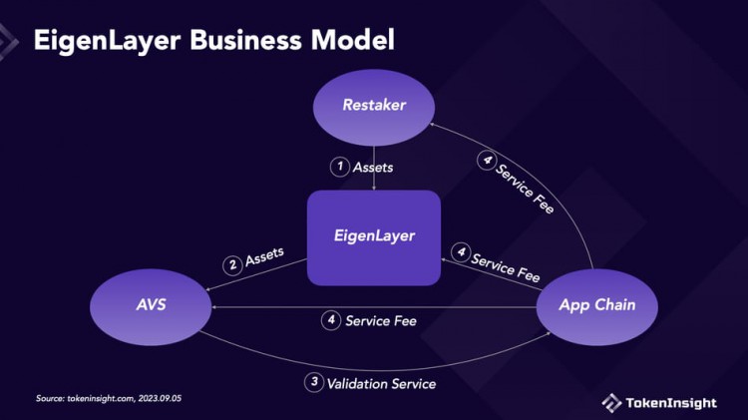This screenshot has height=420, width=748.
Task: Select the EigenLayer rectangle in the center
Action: tap(373, 236)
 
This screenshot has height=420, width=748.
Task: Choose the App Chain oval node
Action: tap(596, 304)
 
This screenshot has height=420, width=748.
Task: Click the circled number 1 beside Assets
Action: tap(339, 167)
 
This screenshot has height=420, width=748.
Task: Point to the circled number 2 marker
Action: tap(232, 264)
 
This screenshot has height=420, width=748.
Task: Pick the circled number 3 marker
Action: tap(314, 382)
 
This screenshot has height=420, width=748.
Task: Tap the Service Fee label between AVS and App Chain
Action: tap(380, 321)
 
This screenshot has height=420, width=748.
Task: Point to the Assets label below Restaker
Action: tap(373, 167)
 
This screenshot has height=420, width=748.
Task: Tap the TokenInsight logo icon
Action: tap(611, 402)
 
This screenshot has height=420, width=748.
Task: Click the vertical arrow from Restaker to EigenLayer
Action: tap(373, 170)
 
